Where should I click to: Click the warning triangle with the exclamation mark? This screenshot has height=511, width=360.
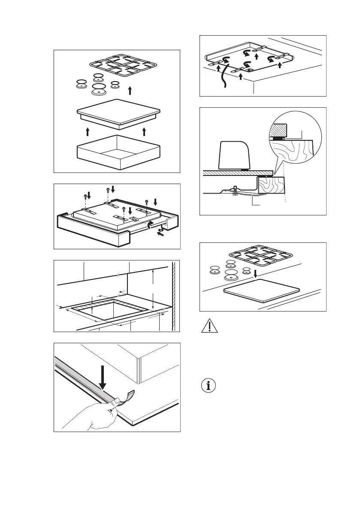point(209,327)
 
